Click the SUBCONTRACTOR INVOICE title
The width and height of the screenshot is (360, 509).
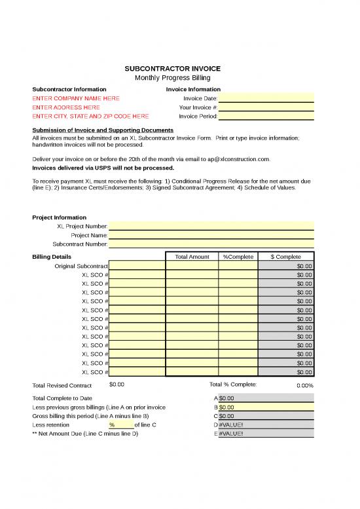(x=173, y=69)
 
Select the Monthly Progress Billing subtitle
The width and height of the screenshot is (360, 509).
(x=173, y=78)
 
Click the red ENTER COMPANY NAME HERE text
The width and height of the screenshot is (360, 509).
(x=76, y=98)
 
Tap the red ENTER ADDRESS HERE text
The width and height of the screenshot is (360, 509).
(x=66, y=107)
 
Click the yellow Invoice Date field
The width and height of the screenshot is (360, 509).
(x=266, y=98)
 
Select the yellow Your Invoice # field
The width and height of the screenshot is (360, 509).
(x=266, y=107)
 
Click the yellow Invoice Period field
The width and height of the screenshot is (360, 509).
(x=266, y=116)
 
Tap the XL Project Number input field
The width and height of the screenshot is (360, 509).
(x=211, y=227)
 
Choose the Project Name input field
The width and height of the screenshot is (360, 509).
(x=211, y=235)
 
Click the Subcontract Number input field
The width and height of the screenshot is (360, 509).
(x=211, y=244)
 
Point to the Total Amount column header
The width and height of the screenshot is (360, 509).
(x=192, y=257)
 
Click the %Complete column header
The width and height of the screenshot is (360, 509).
(x=238, y=257)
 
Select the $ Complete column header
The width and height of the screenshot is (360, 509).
(x=285, y=257)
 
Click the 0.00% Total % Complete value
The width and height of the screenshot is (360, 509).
(x=304, y=386)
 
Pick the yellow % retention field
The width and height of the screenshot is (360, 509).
(x=120, y=424)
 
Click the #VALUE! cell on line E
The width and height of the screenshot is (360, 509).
(x=266, y=434)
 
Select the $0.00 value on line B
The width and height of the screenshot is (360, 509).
(x=266, y=407)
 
